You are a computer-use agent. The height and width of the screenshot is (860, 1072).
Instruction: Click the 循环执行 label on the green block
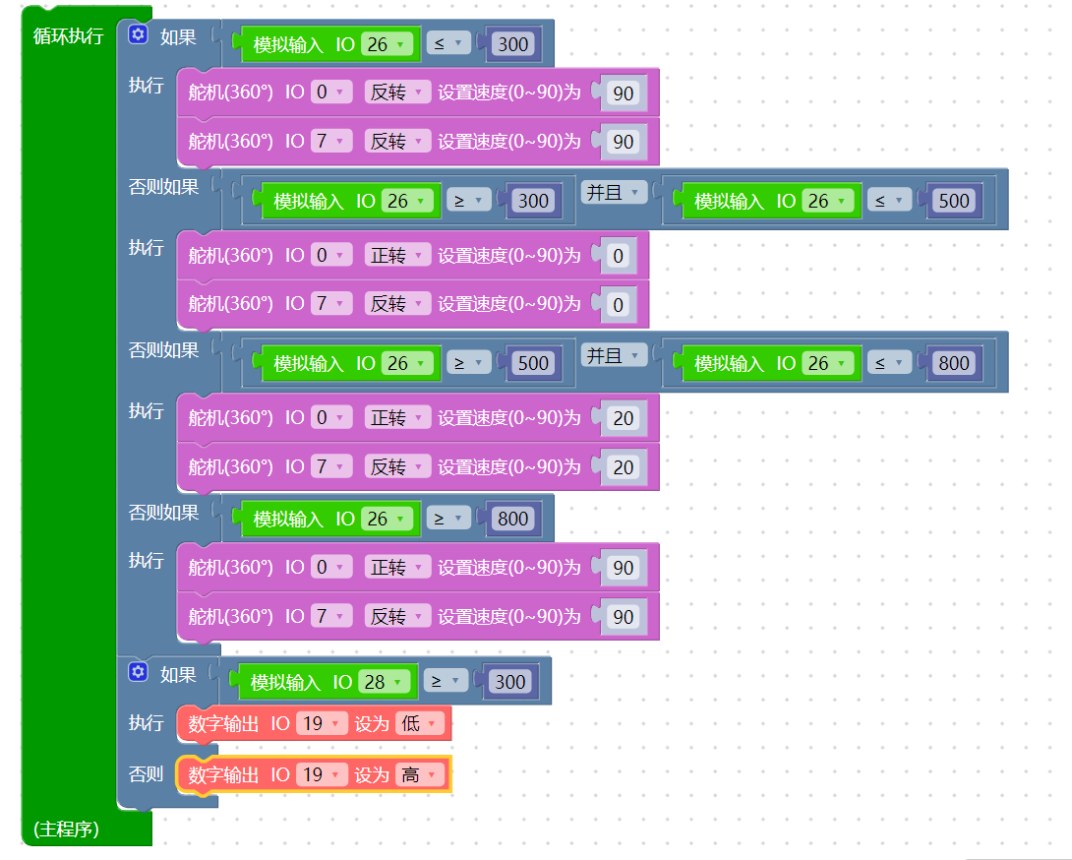click(x=69, y=35)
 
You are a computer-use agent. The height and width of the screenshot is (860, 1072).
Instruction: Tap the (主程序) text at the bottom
click(x=66, y=829)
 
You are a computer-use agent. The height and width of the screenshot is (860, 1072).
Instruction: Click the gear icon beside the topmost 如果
click(x=138, y=34)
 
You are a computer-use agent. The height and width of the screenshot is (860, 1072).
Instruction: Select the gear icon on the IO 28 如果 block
click(x=138, y=672)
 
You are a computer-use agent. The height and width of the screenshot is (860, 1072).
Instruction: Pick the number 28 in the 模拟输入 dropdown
click(x=375, y=682)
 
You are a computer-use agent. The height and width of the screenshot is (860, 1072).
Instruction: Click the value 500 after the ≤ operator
click(x=954, y=201)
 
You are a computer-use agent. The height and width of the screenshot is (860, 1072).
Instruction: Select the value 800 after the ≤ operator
click(x=954, y=363)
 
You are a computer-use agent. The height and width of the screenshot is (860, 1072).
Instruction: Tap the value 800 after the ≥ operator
click(x=512, y=519)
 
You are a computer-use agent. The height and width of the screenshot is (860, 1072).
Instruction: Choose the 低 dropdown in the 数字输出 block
click(x=419, y=723)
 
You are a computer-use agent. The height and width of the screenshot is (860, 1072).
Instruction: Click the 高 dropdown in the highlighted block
click(x=419, y=774)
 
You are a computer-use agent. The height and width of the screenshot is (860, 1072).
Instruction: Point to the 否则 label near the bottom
click(x=146, y=773)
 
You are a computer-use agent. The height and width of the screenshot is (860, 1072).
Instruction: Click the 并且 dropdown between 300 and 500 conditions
click(x=614, y=193)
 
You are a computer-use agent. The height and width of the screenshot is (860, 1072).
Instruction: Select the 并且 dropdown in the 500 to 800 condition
click(x=614, y=356)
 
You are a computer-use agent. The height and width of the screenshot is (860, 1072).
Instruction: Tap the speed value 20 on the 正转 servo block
click(x=623, y=418)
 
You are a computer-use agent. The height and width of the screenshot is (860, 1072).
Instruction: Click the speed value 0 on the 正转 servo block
click(x=618, y=256)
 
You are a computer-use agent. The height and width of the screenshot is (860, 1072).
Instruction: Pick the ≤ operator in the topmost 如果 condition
click(x=447, y=43)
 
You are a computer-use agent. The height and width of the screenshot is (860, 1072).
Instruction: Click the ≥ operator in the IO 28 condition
click(x=446, y=682)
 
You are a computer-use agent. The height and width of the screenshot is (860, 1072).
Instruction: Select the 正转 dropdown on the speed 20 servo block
click(x=397, y=418)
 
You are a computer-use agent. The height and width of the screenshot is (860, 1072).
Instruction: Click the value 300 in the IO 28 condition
click(x=510, y=682)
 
